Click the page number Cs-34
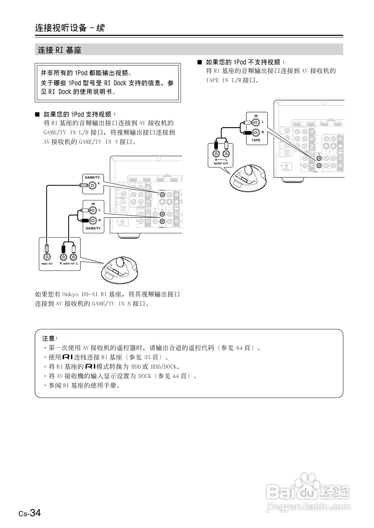point(30,513)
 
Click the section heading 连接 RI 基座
point(59,50)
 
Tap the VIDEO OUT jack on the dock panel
point(47,257)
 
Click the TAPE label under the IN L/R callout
point(256,140)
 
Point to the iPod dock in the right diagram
point(248,178)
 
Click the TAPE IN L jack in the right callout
point(256,122)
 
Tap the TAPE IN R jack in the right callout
point(256,133)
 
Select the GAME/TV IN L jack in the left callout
point(93,210)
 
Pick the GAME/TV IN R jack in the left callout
point(93,220)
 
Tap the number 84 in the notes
point(239,348)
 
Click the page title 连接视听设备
point(61,28)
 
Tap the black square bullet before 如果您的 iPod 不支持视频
point(199,62)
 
